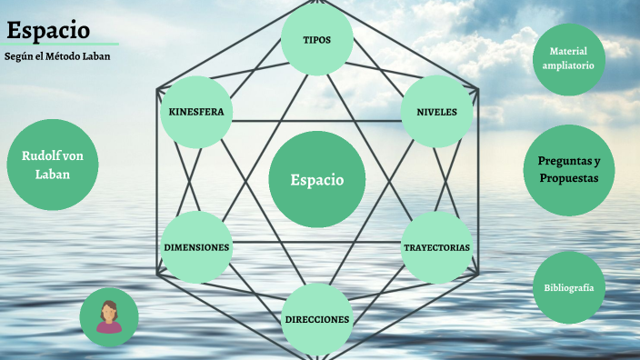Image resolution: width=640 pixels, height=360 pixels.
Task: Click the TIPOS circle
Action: (x=316, y=40)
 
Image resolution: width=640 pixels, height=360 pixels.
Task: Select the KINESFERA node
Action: (x=195, y=112)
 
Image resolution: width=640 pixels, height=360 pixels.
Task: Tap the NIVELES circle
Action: (x=436, y=112)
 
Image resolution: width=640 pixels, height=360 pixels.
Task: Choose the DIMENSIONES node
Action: (x=196, y=247)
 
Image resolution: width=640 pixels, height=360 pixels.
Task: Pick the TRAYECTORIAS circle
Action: (x=436, y=247)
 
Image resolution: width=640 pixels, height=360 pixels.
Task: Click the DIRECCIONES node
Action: (x=316, y=319)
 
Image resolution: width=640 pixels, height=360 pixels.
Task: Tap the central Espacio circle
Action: (x=317, y=179)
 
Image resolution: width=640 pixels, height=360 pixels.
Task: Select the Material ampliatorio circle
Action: (x=568, y=59)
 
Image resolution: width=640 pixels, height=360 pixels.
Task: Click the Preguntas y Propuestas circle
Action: (x=569, y=170)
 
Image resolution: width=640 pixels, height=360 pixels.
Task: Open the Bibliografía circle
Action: (x=569, y=287)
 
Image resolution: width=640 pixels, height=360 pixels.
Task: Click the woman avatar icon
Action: (x=109, y=317)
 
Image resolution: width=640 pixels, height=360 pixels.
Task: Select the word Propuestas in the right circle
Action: (x=569, y=178)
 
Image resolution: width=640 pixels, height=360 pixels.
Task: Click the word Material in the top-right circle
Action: (x=569, y=52)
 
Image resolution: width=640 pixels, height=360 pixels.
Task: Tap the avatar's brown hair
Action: (x=109, y=306)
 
